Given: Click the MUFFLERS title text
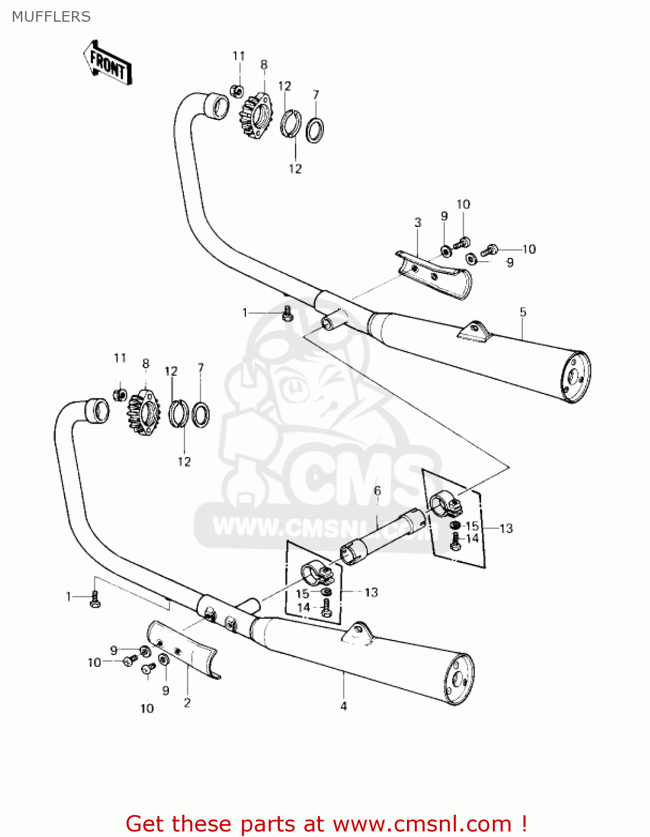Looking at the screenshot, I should [x=51, y=17].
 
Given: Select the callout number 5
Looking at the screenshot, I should [x=522, y=312].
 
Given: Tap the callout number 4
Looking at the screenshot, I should [x=343, y=706].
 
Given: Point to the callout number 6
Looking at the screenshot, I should [x=377, y=491].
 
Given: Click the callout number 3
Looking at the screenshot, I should [x=418, y=223].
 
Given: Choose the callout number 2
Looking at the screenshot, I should [x=187, y=703].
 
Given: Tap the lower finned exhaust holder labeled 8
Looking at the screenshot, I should [x=143, y=413].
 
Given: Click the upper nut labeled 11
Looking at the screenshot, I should [x=237, y=90].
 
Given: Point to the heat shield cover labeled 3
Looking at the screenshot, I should [x=435, y=275].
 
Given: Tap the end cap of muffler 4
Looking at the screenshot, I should [x=458, y=679].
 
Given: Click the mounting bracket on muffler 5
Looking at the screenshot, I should [x=473, y=331].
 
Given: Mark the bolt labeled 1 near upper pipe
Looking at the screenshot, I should [x=288, y=314].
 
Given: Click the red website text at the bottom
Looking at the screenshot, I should [x=326, y=824].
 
